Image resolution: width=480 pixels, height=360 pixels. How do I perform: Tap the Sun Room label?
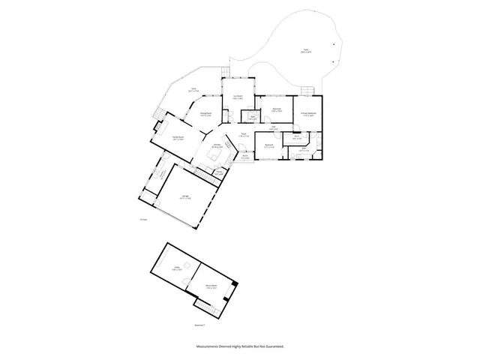click(238, 97)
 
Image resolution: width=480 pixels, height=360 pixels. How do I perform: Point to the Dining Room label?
click(205, 114)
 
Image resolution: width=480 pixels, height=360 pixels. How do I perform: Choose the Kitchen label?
click(217, 145)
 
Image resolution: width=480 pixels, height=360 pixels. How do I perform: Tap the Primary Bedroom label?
click(308, 113)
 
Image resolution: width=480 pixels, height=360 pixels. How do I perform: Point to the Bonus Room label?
click(211, 286)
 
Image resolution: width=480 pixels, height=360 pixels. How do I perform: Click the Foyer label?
click(244, 134)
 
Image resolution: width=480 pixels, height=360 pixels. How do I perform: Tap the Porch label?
click(244, 156)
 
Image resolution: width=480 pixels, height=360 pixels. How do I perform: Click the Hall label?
click(275, 127)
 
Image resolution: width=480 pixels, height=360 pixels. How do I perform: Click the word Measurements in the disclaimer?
click(211, 347)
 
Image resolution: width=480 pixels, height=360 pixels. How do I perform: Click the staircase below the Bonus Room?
click(203, 307)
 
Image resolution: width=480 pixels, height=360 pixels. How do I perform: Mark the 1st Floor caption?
click(143, 219)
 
